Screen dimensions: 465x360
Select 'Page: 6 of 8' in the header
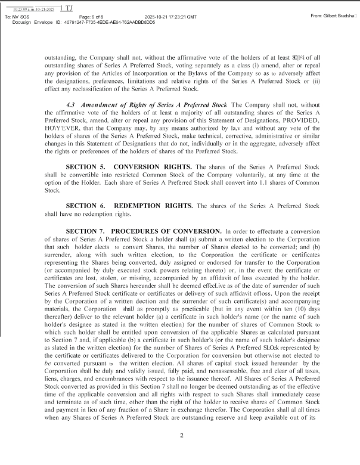pyautogui.click(x=77, y=16)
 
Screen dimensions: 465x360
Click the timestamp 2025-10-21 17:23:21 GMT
pyautogui.click(x=171, y=16)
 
